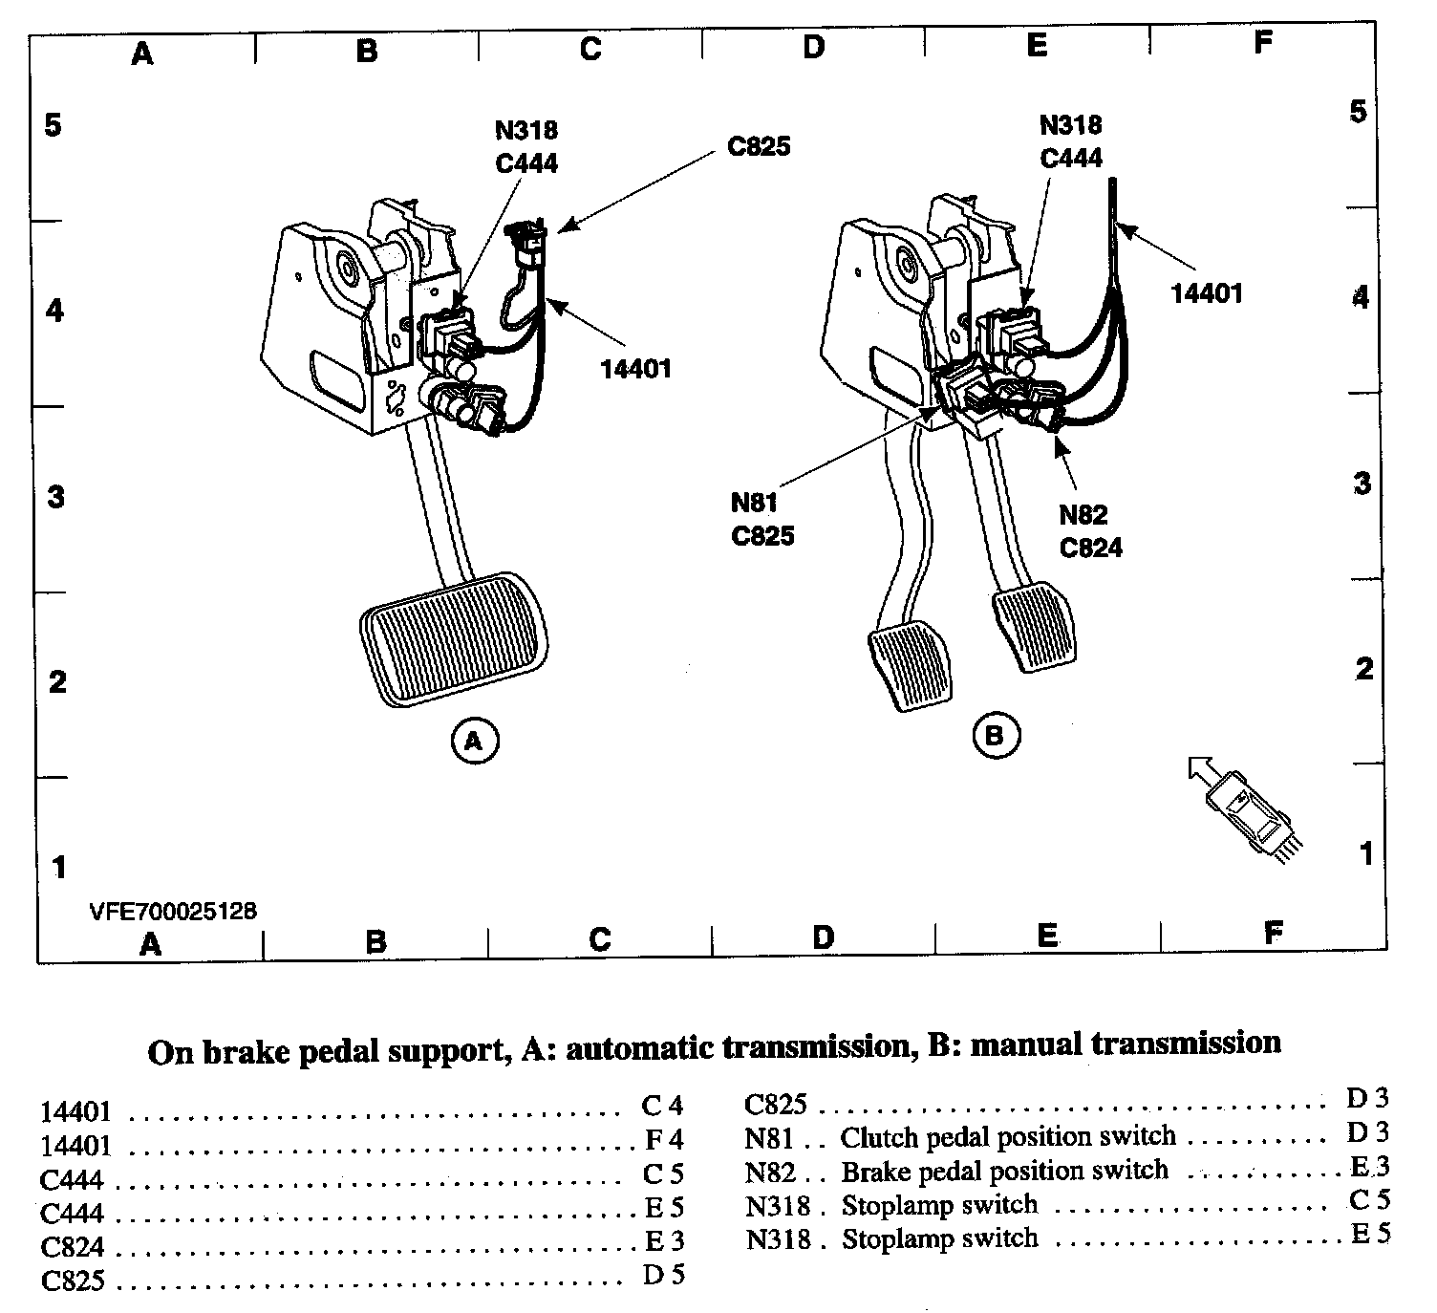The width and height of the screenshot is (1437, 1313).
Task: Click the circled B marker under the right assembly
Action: (x=996, y=735)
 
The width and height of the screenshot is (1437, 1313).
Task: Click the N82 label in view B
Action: (x=1083, y=515)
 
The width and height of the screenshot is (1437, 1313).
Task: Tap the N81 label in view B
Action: (x=755, y=503)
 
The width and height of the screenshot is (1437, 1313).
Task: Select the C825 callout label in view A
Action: (x=760, y=148)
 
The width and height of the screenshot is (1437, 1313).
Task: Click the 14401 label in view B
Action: (x=1207, y=293)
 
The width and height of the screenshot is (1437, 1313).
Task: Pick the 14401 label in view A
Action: (x=635, y=368)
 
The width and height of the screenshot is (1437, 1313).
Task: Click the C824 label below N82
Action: (x=1090, y=548)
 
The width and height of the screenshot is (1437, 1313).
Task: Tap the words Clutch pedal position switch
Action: (x=1008, y=1137)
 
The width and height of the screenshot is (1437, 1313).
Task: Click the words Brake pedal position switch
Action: (x=1004, y=1171)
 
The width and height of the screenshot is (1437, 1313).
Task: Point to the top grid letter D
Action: (x=813, y=47)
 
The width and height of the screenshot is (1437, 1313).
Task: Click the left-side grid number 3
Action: (x=56, y=497)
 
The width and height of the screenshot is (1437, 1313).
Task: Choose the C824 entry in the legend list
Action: (x=73, y=1247)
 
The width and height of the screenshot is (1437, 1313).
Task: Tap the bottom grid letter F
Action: (x=1272, y=934)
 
